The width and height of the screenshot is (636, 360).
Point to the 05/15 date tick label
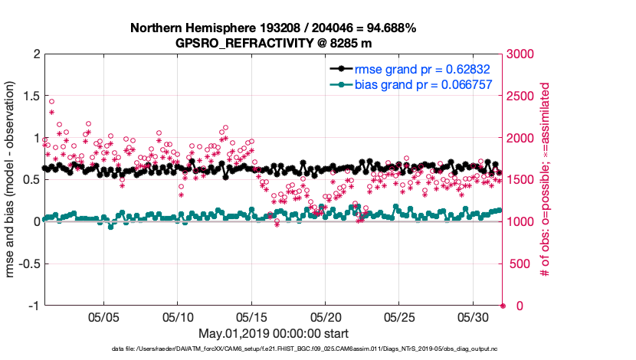252,316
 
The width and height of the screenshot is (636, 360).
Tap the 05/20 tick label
326,316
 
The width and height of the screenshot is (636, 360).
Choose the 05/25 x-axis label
400,316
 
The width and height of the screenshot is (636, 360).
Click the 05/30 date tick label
474,316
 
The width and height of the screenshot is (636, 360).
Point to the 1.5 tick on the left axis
30,96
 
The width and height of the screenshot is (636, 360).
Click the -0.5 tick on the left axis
28,263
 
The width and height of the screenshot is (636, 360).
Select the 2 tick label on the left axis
36,54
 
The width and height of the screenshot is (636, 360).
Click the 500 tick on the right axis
519,263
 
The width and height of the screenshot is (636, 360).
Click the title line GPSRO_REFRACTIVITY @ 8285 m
274,43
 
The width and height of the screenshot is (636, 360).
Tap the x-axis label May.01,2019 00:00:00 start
274,333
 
